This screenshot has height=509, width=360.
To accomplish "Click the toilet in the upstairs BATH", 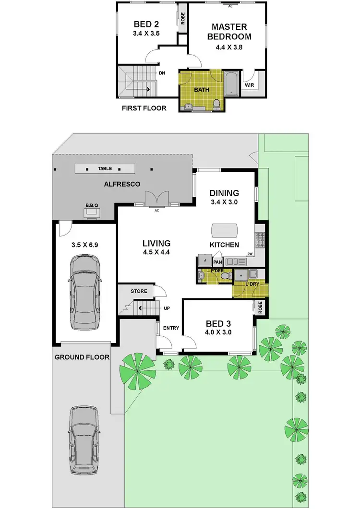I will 216,103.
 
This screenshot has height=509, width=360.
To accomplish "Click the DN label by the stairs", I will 162,73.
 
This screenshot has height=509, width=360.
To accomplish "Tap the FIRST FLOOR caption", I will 144,108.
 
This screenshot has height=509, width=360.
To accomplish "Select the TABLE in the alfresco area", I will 105,169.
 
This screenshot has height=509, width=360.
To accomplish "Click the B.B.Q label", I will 92,205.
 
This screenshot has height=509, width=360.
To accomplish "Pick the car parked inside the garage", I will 85,292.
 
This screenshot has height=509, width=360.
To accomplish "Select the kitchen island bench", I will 226,230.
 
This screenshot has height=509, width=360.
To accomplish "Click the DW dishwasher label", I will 250,254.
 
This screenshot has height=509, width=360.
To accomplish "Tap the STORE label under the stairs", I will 139,291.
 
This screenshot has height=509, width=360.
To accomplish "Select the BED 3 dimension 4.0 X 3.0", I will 218,331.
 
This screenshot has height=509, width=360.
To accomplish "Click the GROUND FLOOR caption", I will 82,357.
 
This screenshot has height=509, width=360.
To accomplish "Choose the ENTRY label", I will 171,328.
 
